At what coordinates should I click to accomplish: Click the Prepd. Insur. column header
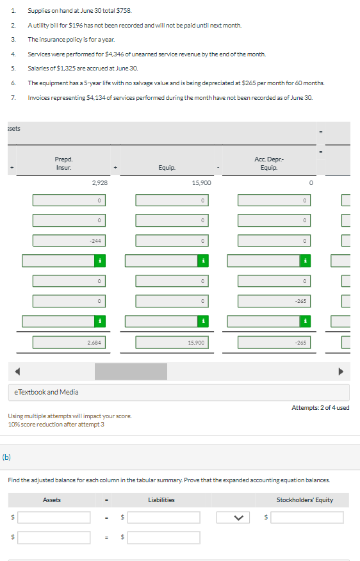(63, 163)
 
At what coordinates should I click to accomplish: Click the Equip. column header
(167, 167)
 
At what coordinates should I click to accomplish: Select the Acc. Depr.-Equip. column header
(268, 163)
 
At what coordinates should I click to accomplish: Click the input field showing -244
(69, 241)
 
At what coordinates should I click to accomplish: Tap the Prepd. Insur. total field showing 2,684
(69, 343)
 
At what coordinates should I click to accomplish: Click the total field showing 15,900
(171, 343)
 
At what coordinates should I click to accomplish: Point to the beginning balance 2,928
(99, 183)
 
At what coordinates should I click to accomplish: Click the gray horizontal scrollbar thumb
(131, 371)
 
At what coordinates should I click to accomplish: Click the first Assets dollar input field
(54, 517)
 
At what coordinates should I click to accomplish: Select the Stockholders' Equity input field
(307, 517)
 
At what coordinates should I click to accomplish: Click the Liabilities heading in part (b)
(161, 500)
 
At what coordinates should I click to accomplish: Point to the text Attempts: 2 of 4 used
(320, 408)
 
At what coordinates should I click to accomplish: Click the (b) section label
(6, 457)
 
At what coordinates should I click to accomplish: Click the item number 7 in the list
(13, 97)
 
